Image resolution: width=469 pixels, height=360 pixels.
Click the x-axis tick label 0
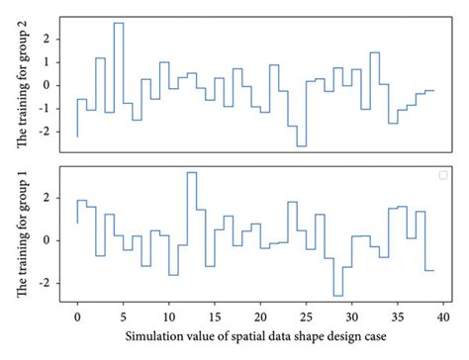(x=77, y=318)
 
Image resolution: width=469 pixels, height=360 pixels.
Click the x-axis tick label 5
(x=123, y=318)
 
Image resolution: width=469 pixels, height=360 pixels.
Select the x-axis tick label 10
(x=168, y=318)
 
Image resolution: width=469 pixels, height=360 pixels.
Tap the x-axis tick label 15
(x=214, y=318)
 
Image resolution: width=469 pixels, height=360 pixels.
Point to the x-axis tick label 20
(x=260, y=318)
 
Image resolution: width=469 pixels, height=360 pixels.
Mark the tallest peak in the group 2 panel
(x=119, y=23)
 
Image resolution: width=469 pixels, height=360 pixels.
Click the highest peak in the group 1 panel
(x=191, y=173)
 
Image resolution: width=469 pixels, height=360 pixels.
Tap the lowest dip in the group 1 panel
(x=337, y=295)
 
